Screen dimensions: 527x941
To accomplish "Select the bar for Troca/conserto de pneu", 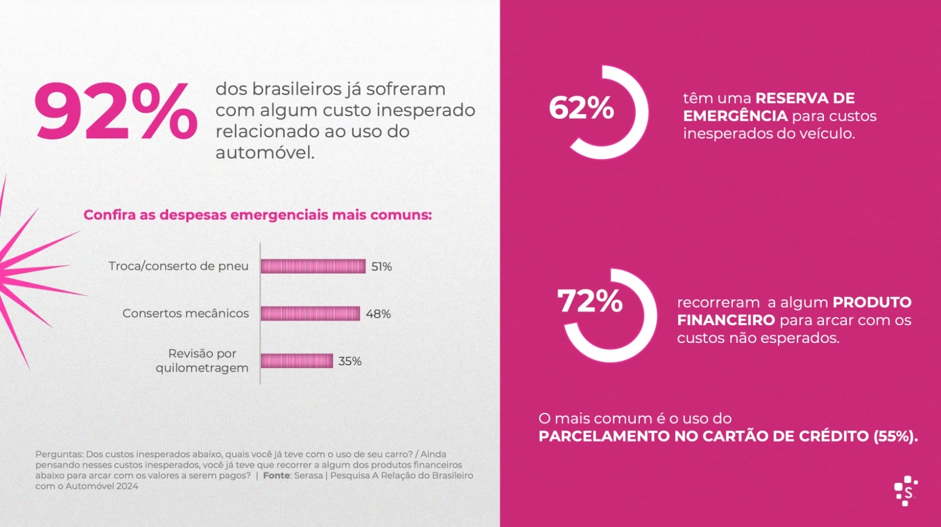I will [x=313, y=266].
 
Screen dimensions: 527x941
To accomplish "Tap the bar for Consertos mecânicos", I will [x=310, y=313].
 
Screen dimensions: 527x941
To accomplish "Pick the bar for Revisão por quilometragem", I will [x=296, y=361].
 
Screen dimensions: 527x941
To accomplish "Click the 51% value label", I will [x=381, y=267].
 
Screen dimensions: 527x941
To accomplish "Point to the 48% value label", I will [x=378, y=314].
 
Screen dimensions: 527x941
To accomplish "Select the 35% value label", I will [x=349, y=361].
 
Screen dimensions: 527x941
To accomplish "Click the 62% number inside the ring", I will [x=581, y=109].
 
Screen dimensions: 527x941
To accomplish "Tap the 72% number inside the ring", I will [x=589, y=301].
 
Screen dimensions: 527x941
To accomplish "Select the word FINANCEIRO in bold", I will [x=726, y=321].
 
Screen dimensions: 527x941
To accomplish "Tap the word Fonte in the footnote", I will [x=276, y=475].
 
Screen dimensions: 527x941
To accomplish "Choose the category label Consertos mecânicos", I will [x=185, y=313].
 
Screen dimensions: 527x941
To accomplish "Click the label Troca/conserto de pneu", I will [x=178, y=266].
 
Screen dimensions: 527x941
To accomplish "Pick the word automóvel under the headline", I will [x=265, y=153].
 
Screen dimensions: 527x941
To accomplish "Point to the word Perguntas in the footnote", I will [x=59, y=454].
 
